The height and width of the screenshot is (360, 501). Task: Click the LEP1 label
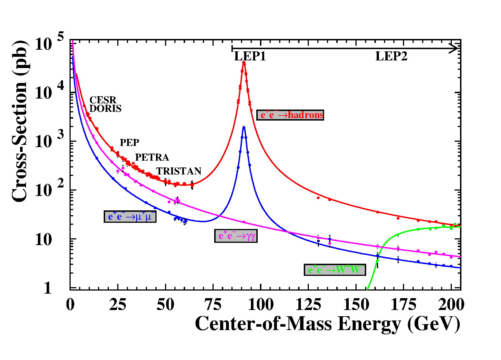tap(250, 56)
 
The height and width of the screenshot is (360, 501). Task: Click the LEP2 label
tap(391, 56)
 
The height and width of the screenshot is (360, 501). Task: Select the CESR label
tap(103, 100)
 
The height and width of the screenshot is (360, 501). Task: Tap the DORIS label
tap(105, 108)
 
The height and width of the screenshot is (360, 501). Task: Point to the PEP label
tap(129, 143)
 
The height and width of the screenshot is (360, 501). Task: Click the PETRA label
tap(152, 157)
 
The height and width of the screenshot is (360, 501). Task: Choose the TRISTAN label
tap(179, 171)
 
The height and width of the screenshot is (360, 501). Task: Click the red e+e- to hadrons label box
tap(290, 115)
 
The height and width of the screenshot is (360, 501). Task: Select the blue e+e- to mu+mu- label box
tap(130, 217)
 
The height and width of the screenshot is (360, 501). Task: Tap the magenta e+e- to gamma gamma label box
tap(236, 236)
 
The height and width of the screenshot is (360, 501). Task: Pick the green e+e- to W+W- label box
tap(335, 270)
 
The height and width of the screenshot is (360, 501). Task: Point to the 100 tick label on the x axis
tap(261, 305)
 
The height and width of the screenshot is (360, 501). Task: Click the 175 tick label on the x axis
tap(403, 305)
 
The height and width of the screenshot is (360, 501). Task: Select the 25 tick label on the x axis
tap(118, 305)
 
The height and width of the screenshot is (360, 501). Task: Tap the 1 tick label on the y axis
tap(48, 288)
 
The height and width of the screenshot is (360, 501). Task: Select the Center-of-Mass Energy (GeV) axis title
tap(328, 324)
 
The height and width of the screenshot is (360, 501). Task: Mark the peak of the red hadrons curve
tap(244, 62)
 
